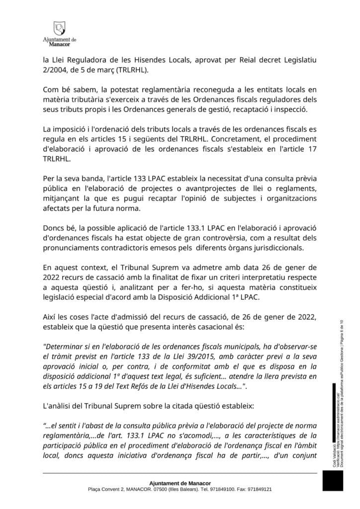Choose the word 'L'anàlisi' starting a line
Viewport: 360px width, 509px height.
[58, 406]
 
